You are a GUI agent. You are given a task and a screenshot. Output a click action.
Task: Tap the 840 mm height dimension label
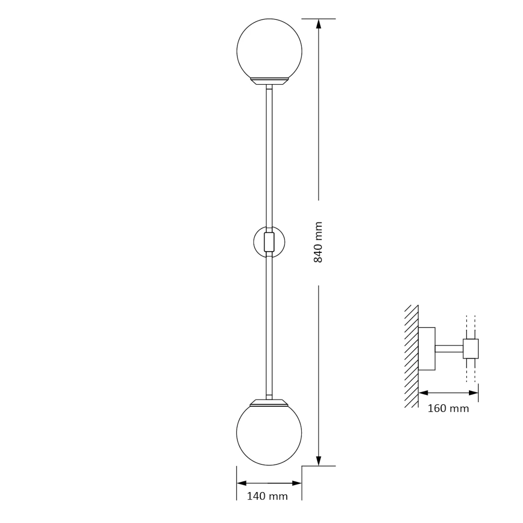[x=318, y=242]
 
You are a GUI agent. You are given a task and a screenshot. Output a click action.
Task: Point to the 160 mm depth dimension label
[x=448, y=416]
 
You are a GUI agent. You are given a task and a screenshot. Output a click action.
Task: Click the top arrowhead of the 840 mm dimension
[x=319, y=24]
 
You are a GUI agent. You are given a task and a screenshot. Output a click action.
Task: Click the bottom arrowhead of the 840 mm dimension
[x=319, y=461]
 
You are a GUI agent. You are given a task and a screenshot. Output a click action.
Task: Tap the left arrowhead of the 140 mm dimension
[x=241, y=483]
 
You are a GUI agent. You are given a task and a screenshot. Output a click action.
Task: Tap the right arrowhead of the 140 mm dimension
[x=297, y=483]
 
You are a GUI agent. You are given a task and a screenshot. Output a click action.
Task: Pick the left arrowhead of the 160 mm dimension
[x=424, y=401]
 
